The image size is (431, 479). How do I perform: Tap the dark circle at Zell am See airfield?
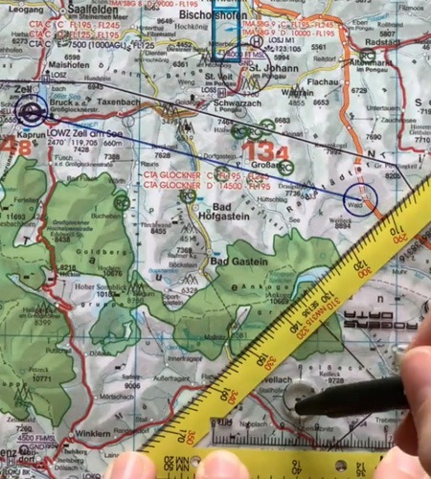click(32, 113)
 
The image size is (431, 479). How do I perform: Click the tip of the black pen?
click(298, 407)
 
